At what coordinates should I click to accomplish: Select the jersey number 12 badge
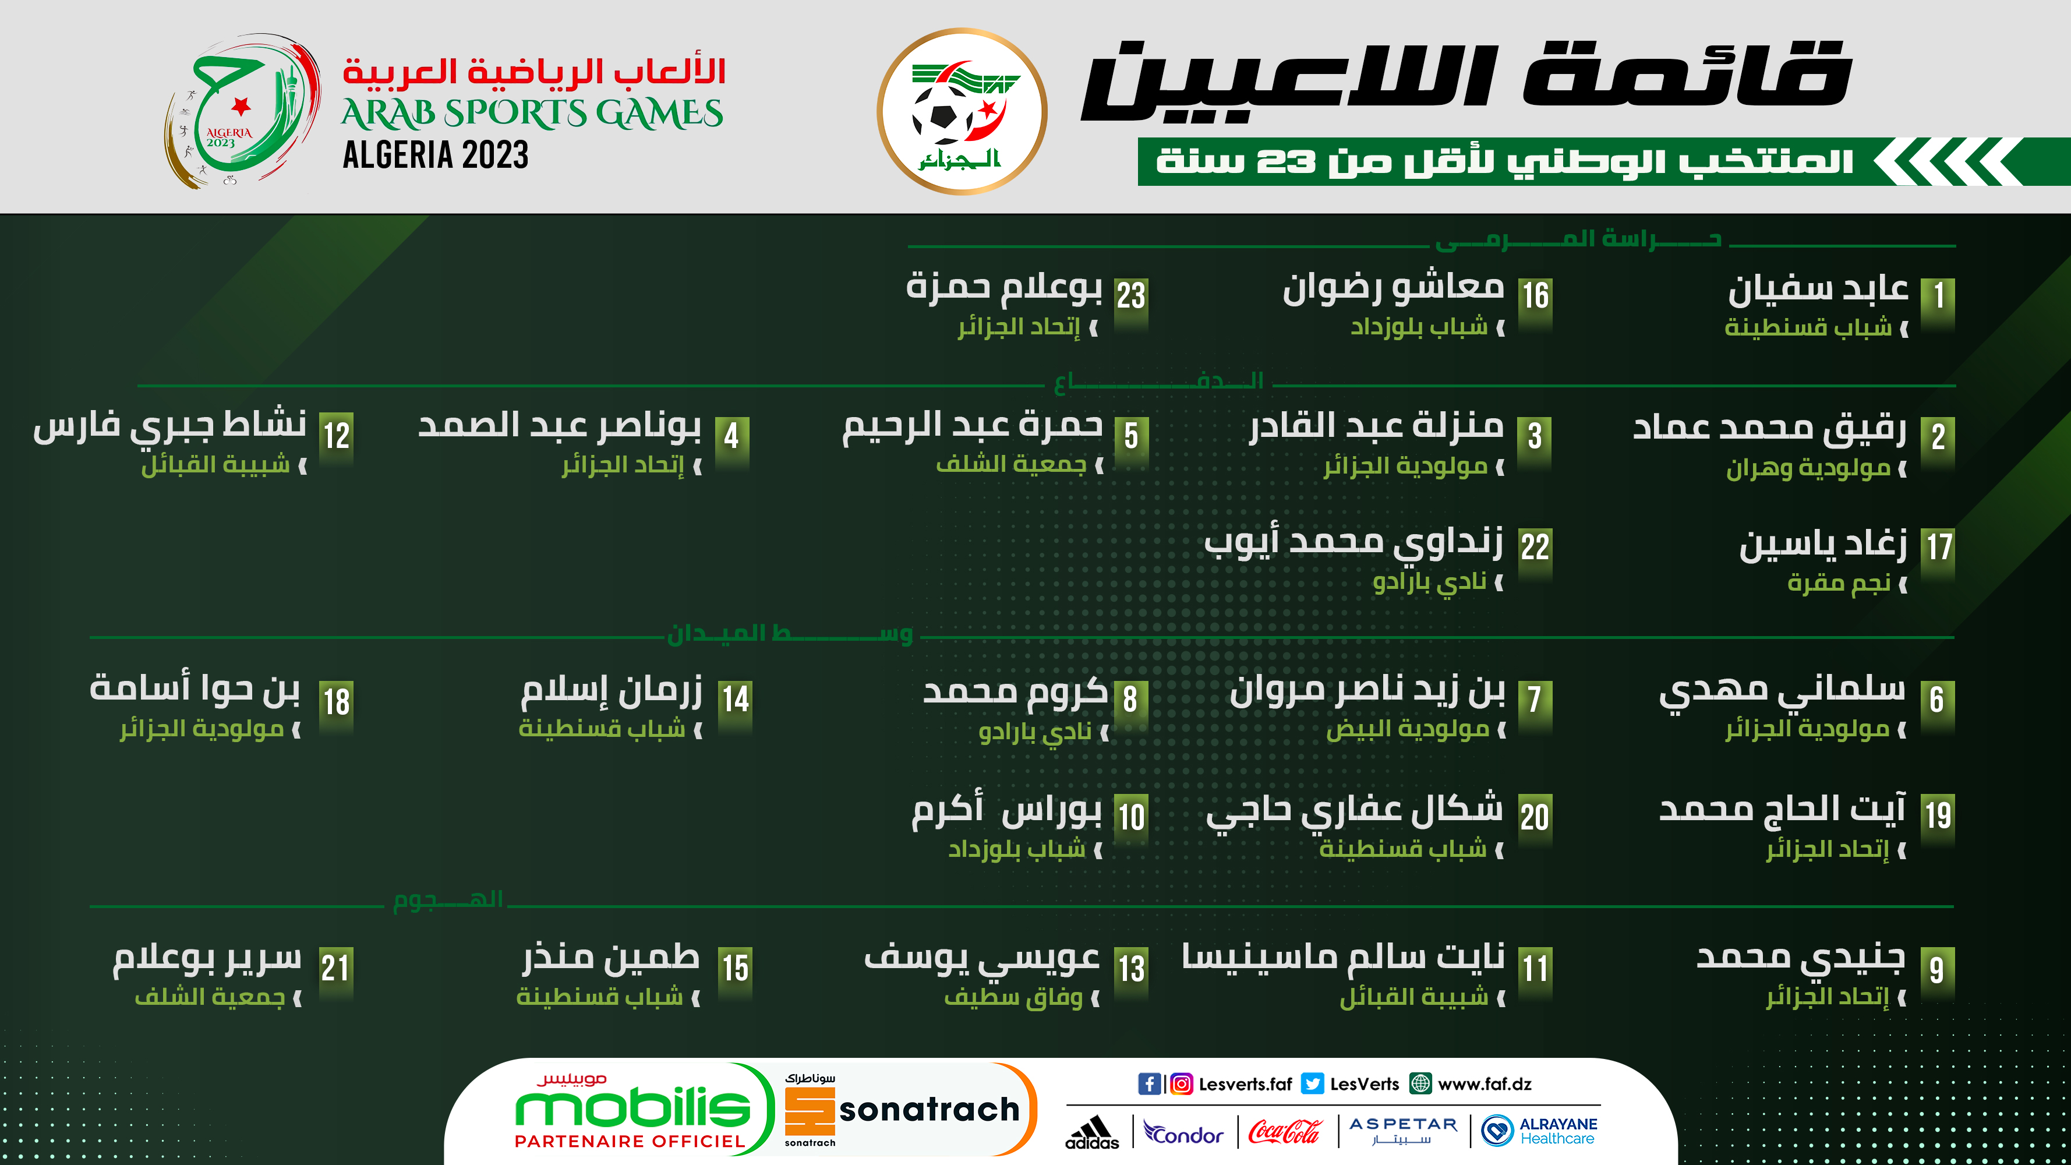click(336, 442)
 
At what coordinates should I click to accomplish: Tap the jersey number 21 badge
click(336, 973)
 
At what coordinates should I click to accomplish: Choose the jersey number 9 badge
click(1938, 973)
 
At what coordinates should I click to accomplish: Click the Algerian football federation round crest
click(962, 111)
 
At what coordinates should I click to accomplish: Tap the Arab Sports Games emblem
click(241, 111)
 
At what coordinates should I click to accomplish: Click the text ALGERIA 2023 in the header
click(436, 155)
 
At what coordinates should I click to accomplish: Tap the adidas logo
click(1092, 1132)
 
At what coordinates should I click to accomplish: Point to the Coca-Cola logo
click(1285, 1132)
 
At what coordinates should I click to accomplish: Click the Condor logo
click(1183, 1133)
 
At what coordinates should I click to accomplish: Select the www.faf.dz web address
click(1484, 1084)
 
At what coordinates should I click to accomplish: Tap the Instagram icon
click(1181, 1084)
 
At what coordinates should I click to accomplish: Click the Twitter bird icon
click(1312, 1084)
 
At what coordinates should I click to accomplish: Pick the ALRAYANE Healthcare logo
click(1539, 1131)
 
